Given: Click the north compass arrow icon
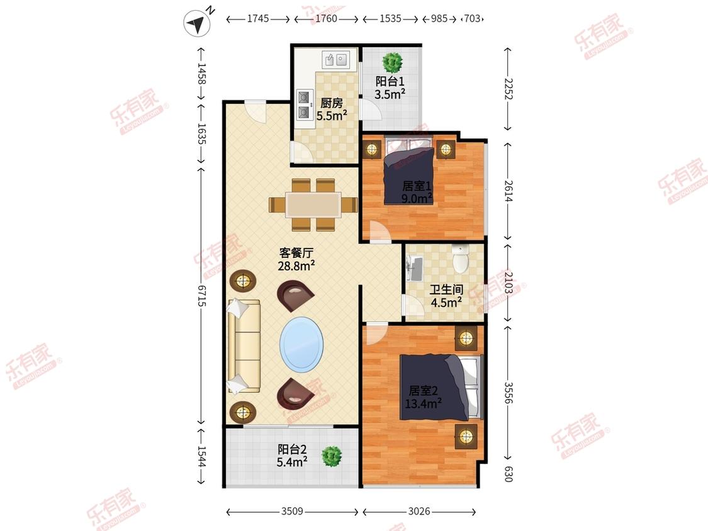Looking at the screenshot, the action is [x=196, y=23].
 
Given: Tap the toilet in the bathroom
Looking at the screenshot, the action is [x=460, y=259].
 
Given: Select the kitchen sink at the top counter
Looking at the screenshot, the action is [x=335, y=60].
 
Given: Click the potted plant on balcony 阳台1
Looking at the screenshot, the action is [x=392, y=63].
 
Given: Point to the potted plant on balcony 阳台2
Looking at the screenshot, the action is [x=332, y=457].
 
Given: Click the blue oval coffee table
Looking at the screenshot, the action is [x=301, y=345].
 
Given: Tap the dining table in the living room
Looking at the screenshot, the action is [x=313, y=205].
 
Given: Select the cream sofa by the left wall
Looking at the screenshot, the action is [x=244, y=346].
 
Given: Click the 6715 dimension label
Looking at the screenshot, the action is [x=201, y=296].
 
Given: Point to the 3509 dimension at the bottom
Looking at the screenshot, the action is [x=292, y=511].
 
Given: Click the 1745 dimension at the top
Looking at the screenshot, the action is [x=258, y=18].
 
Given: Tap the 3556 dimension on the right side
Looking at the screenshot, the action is [x=508, y=393].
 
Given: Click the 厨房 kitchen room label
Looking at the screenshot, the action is [x=332, y=103].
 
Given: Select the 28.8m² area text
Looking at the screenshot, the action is [x=296, y=266].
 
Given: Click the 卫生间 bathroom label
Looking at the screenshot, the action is [x=446, y=289].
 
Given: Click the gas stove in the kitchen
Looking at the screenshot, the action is [x=305, y=104].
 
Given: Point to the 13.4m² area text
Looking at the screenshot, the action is [x=423, y=403].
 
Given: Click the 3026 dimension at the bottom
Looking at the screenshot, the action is [x=419, y=511].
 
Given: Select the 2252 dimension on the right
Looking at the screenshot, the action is [x=508, y=89].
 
